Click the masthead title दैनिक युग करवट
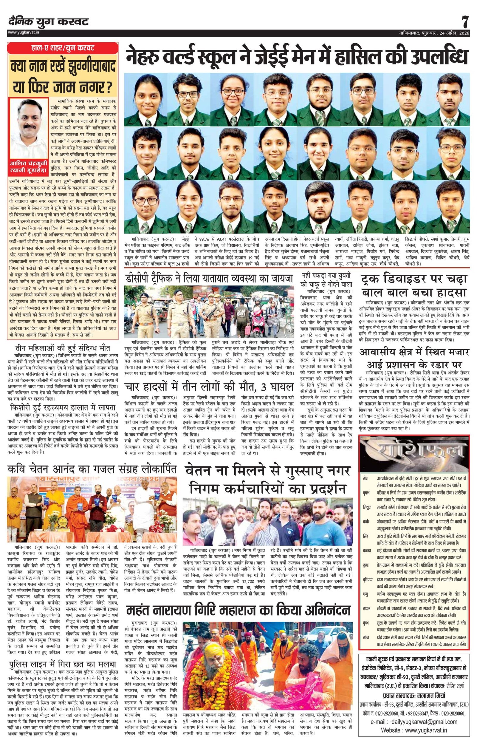click(49, 21)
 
